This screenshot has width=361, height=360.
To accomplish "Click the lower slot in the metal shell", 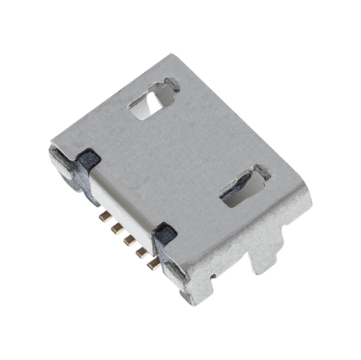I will point(241,188).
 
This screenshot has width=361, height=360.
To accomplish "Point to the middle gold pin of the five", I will point(129,240).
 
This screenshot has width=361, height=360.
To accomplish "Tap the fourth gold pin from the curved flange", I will point(141,253).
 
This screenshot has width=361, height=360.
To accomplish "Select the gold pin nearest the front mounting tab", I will point(153,265).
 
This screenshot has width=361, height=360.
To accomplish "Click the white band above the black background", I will point(180,25).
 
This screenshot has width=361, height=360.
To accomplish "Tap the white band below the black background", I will point(180,335).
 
